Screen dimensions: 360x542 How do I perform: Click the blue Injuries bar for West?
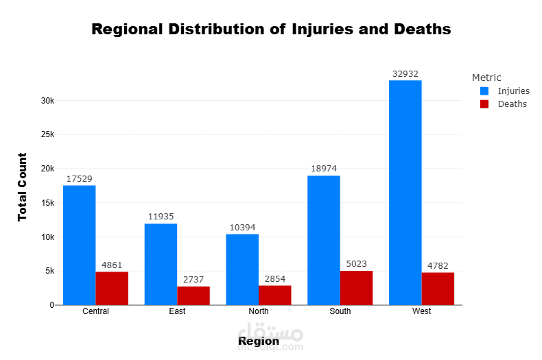tap(405, 193)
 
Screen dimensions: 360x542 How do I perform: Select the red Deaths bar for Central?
tap(112, 288)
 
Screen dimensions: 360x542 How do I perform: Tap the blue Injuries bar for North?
tap(242, 269)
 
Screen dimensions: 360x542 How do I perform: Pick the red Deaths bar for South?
tap(356, 288)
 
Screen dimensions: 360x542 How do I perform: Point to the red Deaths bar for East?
tap(193, 296)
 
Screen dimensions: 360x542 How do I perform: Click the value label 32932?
tap(405, 74)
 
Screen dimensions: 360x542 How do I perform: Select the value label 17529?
tap(79, 179)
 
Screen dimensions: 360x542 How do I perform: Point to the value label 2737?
tap(193, 280)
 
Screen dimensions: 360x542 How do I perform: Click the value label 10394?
tap(242, 228)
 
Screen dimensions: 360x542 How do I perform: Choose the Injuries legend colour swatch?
tap(484, 91)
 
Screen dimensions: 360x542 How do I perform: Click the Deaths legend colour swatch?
tap(484, 104)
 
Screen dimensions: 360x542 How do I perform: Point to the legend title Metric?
tap(486, 77)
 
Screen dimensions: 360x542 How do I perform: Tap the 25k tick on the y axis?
tap(47, 134)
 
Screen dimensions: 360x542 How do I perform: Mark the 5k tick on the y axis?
tap(49, 271)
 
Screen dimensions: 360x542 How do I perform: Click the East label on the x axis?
tap(177, 311)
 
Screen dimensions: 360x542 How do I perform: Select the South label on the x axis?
tap(340, 311)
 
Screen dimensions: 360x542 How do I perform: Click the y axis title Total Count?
tap(23, 187)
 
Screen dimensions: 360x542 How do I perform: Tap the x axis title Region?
tap(259, 341)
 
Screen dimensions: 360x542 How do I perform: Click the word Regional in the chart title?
tap(126, 29)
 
